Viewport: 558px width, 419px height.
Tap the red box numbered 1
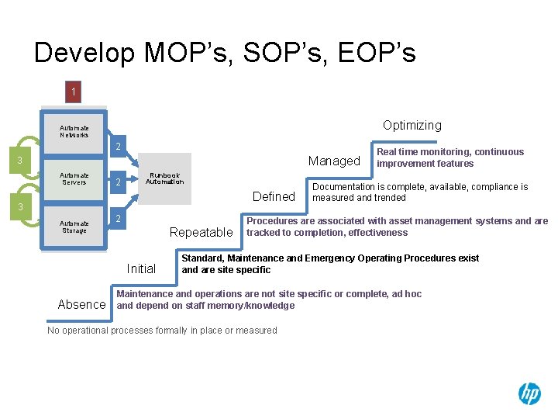click(74, 92)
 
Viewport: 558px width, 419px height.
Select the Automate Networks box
click(74, 131)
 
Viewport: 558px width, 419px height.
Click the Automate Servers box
click(74, 179)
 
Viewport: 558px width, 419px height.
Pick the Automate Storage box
click(74, 227)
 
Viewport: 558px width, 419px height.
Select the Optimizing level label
click(412, 126)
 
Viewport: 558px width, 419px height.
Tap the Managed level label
click(334, 161)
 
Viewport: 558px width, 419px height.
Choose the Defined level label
click(274, 197)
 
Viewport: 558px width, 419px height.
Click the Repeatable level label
click(201, 233)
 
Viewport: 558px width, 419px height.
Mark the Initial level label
click(141, 269)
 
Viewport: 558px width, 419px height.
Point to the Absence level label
click(81, 305)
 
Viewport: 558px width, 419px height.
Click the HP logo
click(529, 394)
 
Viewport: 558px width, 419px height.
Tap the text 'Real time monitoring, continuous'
click(449, 152)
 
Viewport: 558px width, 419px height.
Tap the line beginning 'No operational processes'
click(162, 331)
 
